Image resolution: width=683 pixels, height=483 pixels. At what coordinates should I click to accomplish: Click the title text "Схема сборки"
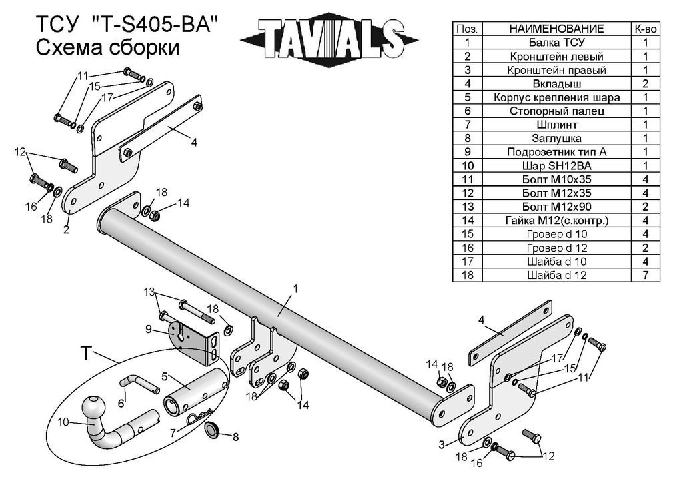(x=107, y=48)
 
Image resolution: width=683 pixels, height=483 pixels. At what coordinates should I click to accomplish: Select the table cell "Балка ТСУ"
(x=556, y=43)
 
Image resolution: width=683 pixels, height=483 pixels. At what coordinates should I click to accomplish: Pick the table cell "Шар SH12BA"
(x=556, y=165)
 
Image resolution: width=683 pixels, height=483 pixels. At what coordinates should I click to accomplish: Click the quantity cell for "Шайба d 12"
(x=645, y=275)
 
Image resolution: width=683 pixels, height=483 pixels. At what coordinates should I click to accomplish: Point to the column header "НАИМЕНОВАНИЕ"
(x=556, y=29)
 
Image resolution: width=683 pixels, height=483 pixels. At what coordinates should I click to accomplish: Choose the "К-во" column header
(x=645, y=29)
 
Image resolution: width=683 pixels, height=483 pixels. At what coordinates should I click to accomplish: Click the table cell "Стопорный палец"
(x=556, y=111)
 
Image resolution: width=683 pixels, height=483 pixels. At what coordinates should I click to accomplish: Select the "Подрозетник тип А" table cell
(x=556, y=152)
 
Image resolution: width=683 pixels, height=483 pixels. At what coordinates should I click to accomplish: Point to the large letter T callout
(x=85, y=353)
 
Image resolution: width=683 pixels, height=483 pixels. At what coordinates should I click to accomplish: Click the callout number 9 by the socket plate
(x=149, y=328)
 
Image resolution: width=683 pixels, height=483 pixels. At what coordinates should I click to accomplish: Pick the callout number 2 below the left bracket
(x=67, y=230)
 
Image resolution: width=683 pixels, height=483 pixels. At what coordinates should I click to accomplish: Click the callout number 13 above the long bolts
(x=147, y=292)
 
